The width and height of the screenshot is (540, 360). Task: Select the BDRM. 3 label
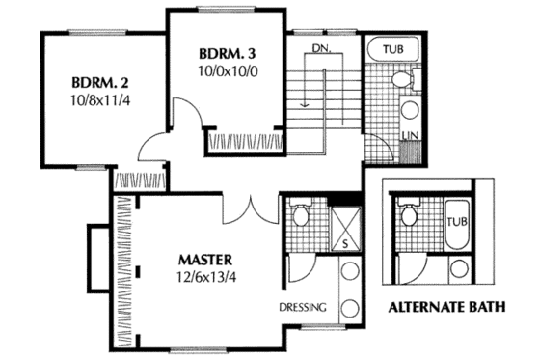click(229, 52)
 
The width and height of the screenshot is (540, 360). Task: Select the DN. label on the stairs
click(322, 48)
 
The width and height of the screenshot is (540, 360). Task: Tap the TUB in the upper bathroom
click(392, 48)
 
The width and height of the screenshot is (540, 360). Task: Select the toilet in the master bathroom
click(299, 214)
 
